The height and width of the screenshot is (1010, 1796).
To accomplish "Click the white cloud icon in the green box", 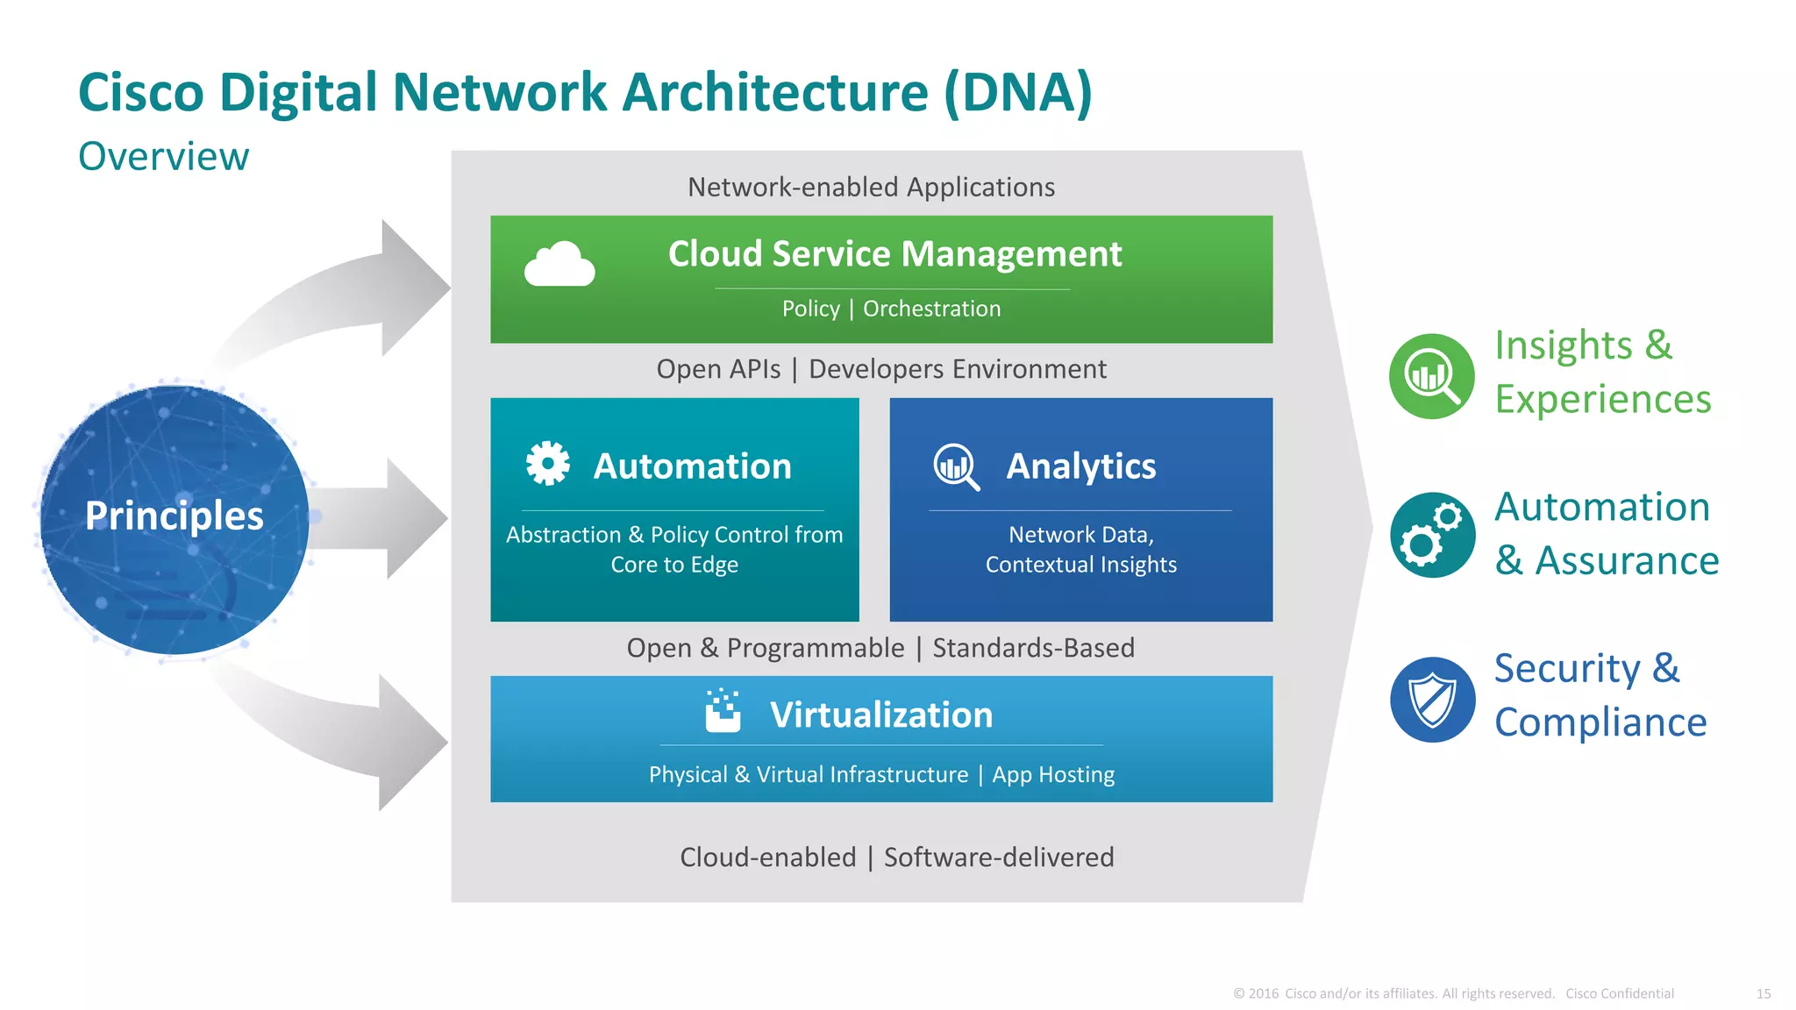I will coord(559,264).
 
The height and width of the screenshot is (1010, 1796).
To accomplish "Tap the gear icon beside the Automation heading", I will coord(548,463).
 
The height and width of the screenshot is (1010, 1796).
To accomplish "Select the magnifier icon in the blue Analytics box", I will coord(956,466).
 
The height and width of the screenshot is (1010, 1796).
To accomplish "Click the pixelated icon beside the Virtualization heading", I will coord(723,711).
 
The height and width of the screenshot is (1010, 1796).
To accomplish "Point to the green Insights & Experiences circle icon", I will coord(1432,376).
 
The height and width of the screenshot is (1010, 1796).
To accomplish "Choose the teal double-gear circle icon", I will coord(1432,535).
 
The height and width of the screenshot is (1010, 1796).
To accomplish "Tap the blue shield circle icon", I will coord(1432,700).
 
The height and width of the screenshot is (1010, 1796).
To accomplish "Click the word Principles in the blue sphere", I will coord(175,516).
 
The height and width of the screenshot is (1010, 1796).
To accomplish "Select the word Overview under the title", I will coord(164,157).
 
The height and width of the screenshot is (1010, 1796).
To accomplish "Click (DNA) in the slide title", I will coord(1018,93).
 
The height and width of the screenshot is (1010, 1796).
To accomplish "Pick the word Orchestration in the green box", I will coord(931,309).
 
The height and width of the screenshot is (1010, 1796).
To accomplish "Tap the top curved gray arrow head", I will coord(412,288).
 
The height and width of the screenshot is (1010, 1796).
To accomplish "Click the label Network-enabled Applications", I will coord(871,188).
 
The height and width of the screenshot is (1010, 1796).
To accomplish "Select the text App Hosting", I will coord(1053,775).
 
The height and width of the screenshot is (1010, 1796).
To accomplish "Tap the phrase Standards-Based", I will coord(1033,648).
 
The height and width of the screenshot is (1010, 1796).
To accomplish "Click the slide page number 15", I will coord(1764,993).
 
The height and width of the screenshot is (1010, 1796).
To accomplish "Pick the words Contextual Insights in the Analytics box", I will coord(1080,565).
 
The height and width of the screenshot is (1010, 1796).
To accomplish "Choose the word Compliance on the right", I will coord(1600,722).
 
